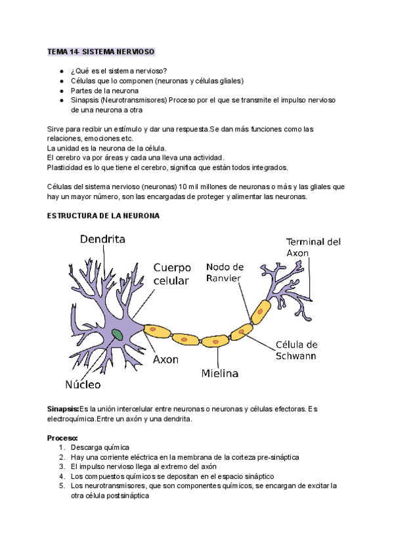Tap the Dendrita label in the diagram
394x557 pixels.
coord(102,240)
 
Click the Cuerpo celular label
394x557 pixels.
coord(171,274)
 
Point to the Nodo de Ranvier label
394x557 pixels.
coord(225,272)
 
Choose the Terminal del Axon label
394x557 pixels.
coord(314,247)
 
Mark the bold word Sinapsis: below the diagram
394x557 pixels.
coord(63,409)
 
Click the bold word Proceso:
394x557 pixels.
coord(62,437)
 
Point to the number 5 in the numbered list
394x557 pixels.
coord(60,486)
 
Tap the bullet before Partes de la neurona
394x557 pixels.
coord(61,91)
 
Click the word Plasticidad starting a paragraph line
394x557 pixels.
coord(68,167)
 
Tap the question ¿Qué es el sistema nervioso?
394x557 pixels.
coord(118,71)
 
